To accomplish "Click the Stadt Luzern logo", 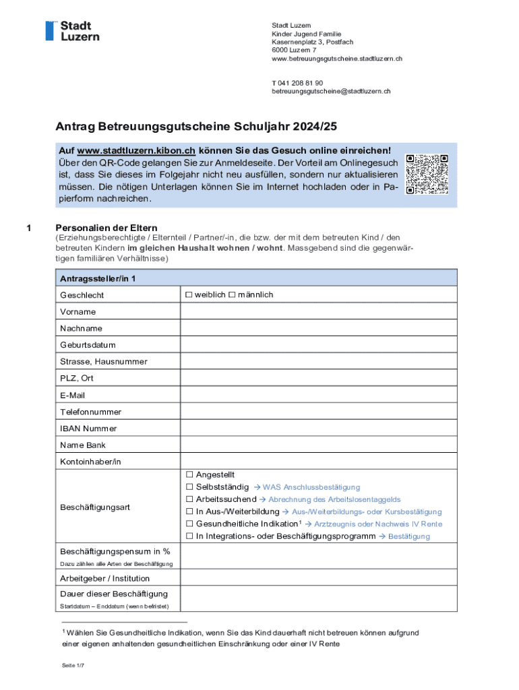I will point(72,31).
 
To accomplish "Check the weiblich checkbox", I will point(189,295).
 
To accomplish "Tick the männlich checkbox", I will point(232,295).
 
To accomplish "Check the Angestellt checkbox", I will point(189,475).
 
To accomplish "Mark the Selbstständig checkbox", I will point(189,487).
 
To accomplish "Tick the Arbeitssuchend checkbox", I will point(189,499).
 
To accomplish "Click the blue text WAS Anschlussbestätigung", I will point(311,487).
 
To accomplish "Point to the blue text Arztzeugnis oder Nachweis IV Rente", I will point(377,524).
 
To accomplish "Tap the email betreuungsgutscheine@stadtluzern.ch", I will point(331,91).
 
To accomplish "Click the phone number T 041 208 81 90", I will point(293,83).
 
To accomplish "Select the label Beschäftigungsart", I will point(95,507).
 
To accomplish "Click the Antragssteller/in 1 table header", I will point(98,278).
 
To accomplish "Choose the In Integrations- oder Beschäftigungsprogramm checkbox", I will point(189,536).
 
